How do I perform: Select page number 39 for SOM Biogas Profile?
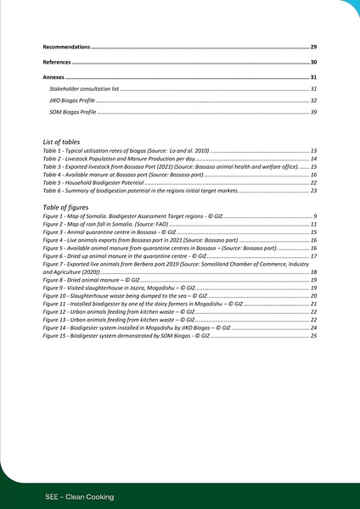(313, 112)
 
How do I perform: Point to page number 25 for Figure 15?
(313, 335)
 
